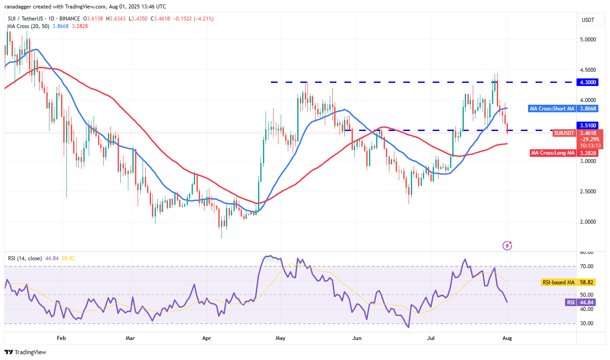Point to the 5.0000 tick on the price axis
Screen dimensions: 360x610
click(588, 39)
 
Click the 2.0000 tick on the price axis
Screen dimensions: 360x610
click(588, 221)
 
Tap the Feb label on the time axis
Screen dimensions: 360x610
click(61, 338)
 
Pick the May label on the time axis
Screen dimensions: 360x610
click(281, 338)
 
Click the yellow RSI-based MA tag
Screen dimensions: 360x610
click(557, 282)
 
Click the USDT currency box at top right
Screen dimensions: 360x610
click(588, 20)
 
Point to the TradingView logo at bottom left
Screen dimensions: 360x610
click(25, 352)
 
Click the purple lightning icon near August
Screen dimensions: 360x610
click(507, 245)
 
